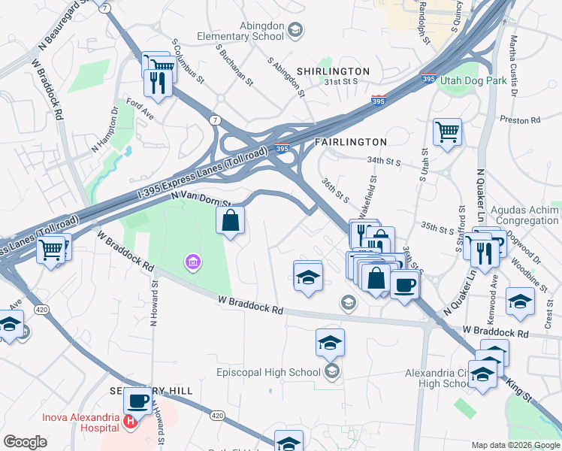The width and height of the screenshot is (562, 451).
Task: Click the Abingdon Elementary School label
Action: click(240, 30)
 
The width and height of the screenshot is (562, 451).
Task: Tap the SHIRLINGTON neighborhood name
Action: click(333, 71)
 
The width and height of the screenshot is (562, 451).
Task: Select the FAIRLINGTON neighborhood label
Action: click(350, 141)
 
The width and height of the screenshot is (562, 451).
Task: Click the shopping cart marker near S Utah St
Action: click(447, 132)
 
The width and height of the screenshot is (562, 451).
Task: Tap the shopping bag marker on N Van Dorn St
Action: click(231, 221)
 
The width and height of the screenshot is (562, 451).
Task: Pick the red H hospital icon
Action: click(131, 422)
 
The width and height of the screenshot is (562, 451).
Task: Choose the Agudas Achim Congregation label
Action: click(524, 216)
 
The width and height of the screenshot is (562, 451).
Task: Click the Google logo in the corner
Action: click(26, 442)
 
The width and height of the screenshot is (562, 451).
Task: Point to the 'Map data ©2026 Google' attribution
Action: click(515, 445)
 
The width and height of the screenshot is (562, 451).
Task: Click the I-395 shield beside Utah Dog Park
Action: click(429, 78)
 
